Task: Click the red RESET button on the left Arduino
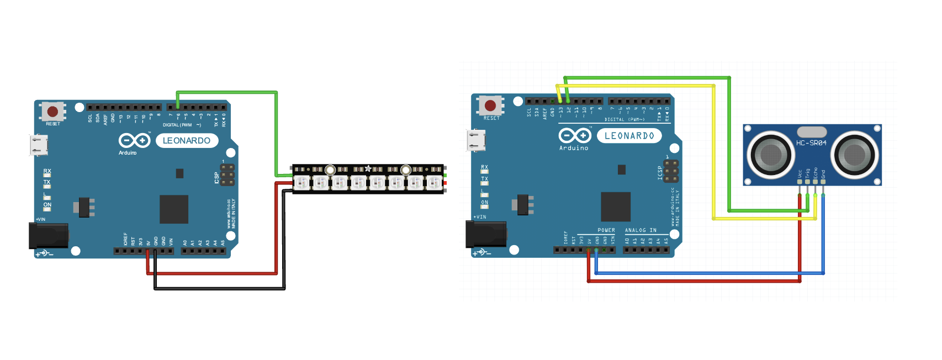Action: [x=52, y=112]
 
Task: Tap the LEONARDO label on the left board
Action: [x=187, y=141]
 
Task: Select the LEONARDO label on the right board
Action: [x=629, y=136]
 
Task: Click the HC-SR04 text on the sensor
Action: [x=811, y=143]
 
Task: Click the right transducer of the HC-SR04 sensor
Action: [x=854, y=155]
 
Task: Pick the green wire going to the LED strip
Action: [x=226, y=92]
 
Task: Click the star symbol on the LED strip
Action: [x=368, y=168]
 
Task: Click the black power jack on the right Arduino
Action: [x=486, y=235]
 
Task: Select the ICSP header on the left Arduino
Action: [x=227, y=175]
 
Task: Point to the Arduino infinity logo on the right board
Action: [x=575, y=135]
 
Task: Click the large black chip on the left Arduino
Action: [x=174, y=209]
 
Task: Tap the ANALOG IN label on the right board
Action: [x=641, y=230]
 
